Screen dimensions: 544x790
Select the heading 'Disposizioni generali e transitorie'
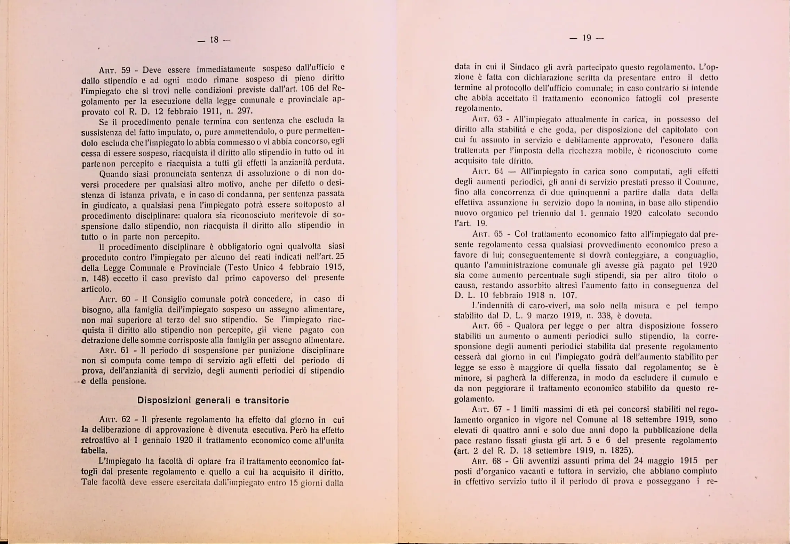213,400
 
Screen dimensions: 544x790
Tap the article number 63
498,119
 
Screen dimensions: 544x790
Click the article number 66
498,326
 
